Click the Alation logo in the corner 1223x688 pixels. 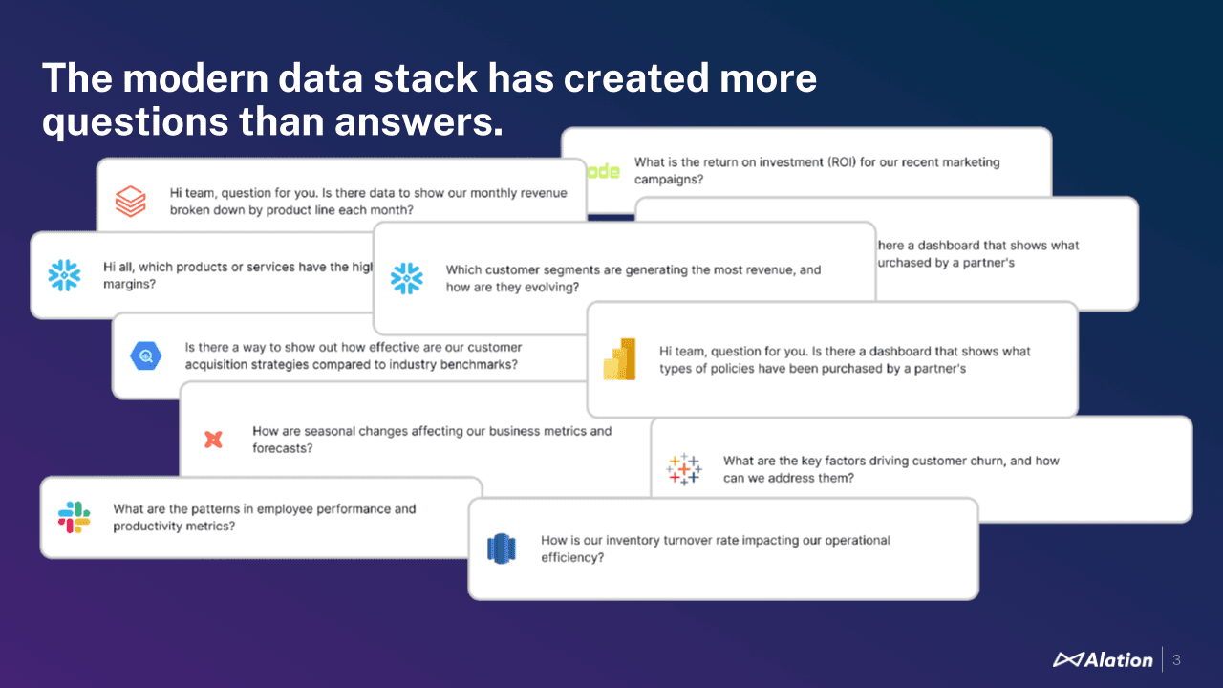1103,659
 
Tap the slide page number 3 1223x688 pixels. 1176,659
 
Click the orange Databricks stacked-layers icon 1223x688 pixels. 130,202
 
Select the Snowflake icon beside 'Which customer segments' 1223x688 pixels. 406,278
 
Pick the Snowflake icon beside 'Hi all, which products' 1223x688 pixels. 65,275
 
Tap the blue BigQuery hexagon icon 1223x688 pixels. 146,355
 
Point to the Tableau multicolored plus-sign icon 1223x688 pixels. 684,469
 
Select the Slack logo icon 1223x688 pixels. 74,517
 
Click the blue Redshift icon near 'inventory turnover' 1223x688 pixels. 502,548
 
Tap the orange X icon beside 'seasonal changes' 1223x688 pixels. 214,440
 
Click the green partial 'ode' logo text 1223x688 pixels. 603,171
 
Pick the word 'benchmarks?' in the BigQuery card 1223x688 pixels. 479,365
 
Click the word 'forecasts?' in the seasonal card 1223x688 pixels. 283,448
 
